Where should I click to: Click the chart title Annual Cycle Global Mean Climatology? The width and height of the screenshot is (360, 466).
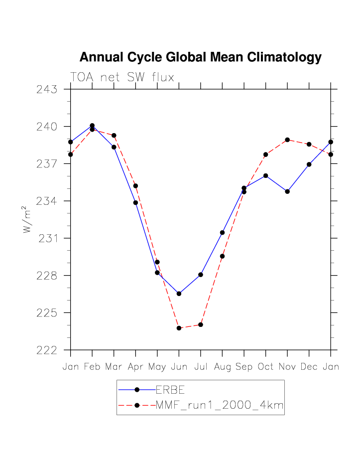(200, 57)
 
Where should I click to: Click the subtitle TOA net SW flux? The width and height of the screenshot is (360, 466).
(122, 78)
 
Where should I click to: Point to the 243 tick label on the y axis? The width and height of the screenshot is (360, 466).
(46, 90)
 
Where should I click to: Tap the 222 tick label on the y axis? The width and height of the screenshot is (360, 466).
(46, 350)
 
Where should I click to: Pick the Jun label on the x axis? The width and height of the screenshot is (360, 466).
(179, 367)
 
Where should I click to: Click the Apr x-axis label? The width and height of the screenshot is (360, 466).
(135, 367)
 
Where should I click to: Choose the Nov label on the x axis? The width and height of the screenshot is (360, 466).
(287, 367)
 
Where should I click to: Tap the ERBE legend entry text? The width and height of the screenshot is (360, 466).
(170, 390)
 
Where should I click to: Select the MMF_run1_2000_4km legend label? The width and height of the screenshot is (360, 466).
(220, 406)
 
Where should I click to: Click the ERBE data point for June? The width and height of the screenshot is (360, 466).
(179, 294)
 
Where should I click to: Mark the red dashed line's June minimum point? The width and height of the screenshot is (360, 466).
(179, 328)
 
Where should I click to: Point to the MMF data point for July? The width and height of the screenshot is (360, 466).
(201, 324)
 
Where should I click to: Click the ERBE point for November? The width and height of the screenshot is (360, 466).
(287, 191)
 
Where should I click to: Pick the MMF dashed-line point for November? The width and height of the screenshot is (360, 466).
(287, 140)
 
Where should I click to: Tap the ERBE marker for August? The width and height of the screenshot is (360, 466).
(222, 232)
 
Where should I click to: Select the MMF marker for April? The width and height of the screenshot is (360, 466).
(135, 185)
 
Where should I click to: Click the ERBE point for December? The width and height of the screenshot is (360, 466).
(309, 164)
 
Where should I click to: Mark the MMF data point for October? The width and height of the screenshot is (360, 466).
(266, 155)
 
